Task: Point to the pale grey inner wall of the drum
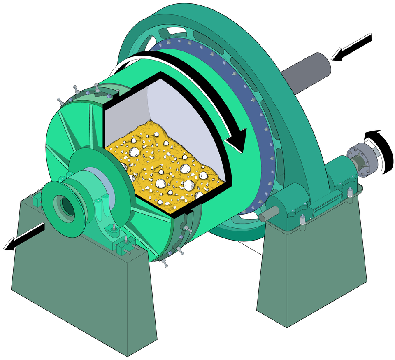point(177,107)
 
